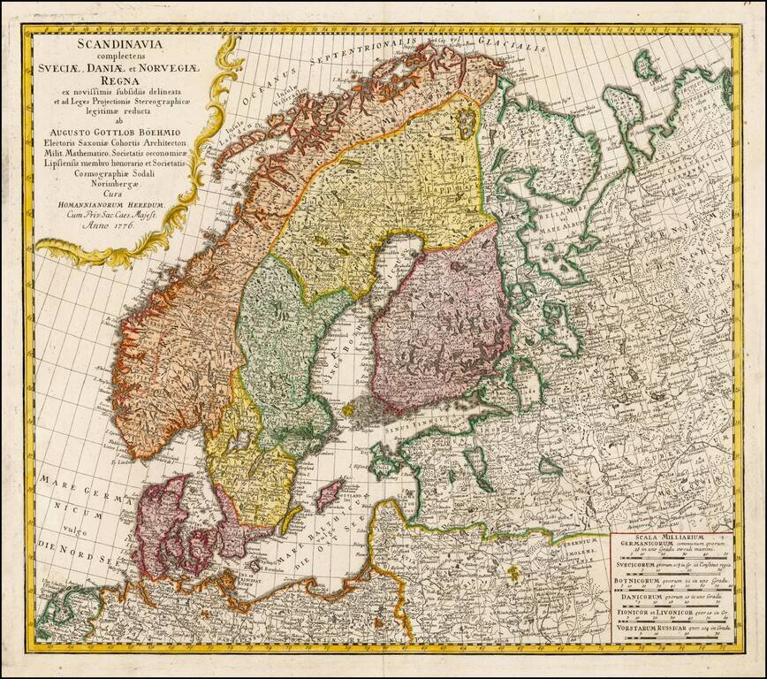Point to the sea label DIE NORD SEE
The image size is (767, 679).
76,558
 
